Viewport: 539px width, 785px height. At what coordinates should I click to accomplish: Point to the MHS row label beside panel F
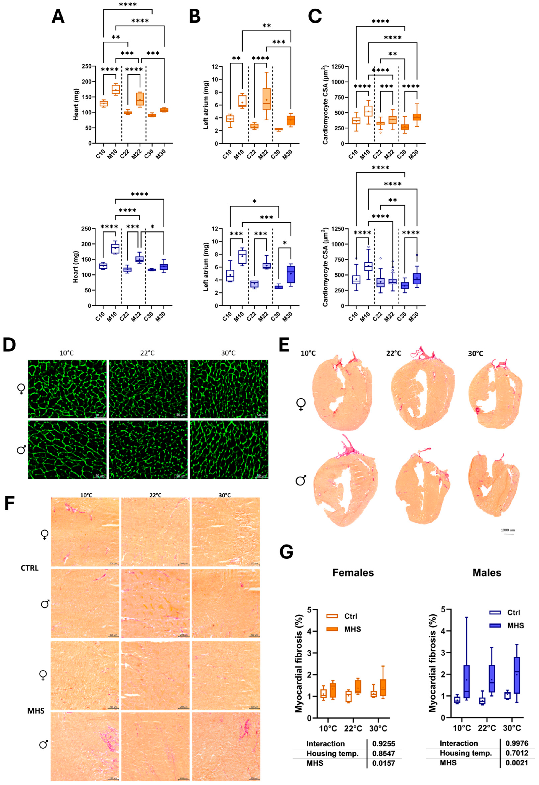tap(36, 711)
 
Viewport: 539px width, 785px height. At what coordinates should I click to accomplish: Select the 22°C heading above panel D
tap(148, 353)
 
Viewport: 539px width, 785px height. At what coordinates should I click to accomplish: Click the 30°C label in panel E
tap(476, 354)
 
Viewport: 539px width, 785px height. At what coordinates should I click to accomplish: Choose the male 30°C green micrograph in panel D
tap(229, 449)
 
